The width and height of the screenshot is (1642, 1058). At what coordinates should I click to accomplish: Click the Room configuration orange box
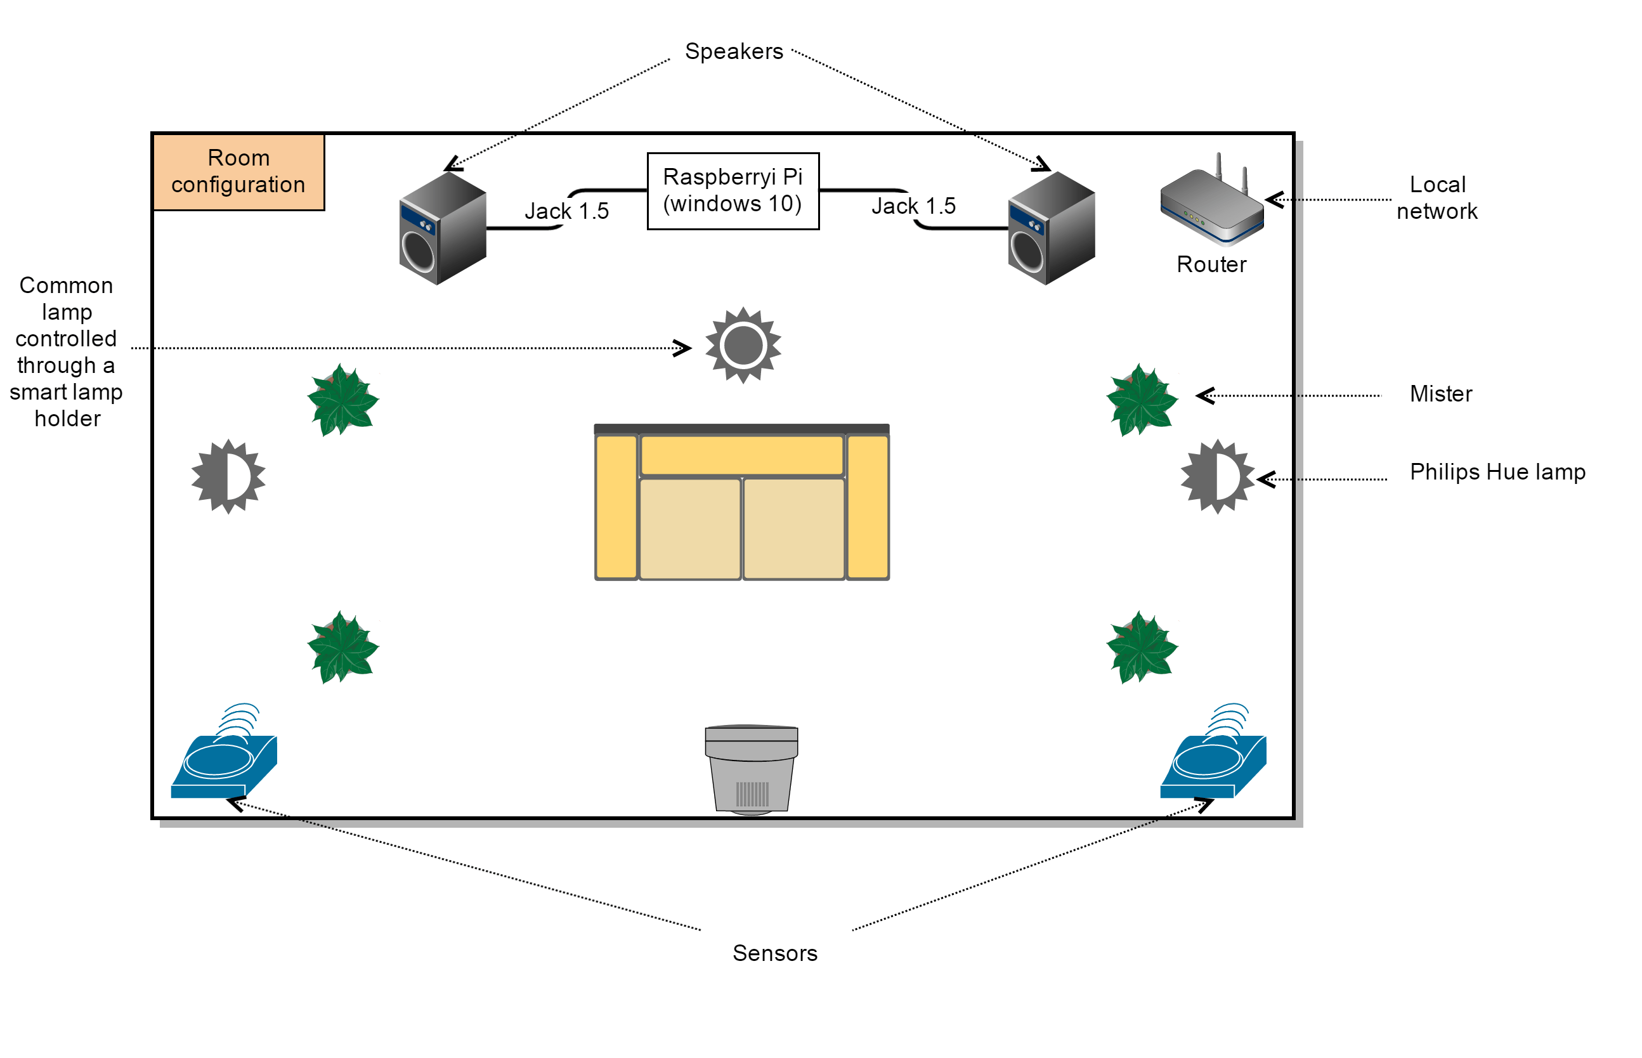click(x=238, y=172)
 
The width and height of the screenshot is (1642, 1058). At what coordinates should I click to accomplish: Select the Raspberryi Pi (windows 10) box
click(x=733, y=190)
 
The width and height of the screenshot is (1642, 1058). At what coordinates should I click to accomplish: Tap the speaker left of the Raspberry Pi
click(x=442, y=228)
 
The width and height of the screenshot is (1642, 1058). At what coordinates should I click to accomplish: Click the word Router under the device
click(x=1211, y=264)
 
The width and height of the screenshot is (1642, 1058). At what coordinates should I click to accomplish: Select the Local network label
click(x=1437, y=198)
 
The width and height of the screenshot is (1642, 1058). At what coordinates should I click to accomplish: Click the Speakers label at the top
click(x=733, y=51)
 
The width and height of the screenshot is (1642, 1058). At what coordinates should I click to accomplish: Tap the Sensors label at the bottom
click(x=774, y=953)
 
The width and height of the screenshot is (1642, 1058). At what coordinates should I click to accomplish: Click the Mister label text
click(x=1441, y=395)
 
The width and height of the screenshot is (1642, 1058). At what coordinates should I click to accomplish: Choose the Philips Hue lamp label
click(x=1497, y=472)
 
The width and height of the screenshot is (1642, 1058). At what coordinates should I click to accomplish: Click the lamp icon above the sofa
click(x=743, y=345)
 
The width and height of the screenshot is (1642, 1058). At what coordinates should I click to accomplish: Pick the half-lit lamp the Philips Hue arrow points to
click(x=1217, y=477)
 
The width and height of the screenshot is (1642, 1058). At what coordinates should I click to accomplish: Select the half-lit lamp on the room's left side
click(x=228, y=477)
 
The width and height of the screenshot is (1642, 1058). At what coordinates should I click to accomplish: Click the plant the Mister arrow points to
click(x=1142, y=400)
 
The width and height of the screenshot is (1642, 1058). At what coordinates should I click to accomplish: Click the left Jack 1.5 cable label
click(x=566, y=211)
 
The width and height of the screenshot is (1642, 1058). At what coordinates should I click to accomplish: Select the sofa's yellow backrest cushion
click(x=741, y=455)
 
